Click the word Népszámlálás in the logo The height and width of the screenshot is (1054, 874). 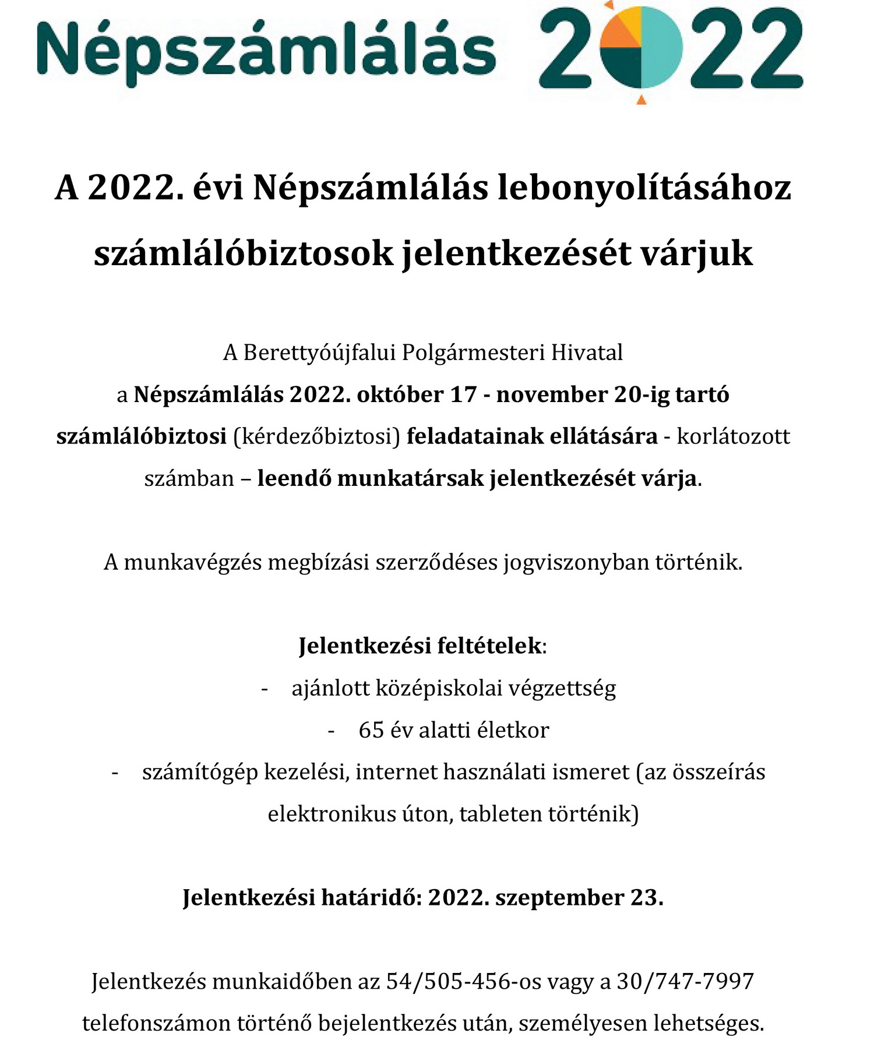266,50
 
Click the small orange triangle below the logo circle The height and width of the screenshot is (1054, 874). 642,100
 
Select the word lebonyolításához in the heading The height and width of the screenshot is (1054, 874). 644,189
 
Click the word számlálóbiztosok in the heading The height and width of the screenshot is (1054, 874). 244,253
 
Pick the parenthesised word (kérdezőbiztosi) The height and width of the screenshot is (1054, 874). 316,436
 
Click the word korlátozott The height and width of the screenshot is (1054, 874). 733,436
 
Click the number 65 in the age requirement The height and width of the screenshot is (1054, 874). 371,731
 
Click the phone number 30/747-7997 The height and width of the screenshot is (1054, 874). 685,982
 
